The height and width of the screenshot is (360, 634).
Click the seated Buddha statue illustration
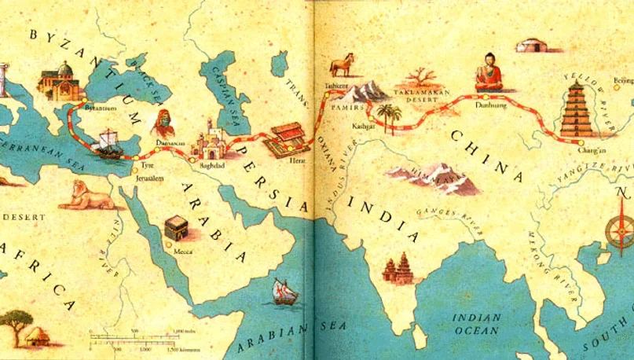pyautogui.click(x=489, y=72)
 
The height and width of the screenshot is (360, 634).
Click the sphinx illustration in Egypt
pyautogui.click(x=88, y=197)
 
